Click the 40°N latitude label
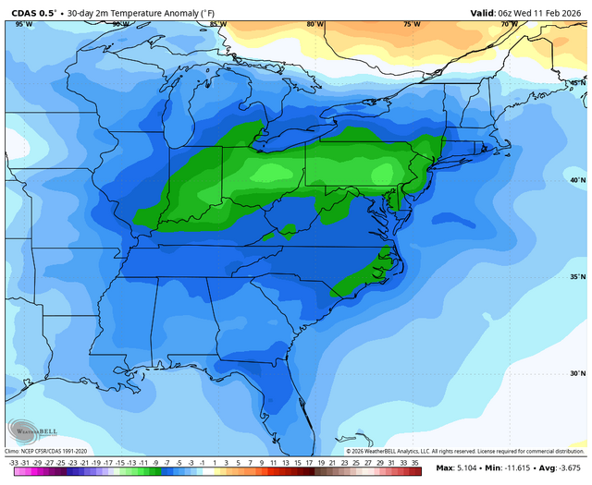576,180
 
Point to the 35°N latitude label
576,276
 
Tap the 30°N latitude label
576,373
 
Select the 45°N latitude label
576,83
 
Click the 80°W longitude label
315,24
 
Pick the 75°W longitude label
412,24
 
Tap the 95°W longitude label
24,24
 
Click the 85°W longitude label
217,24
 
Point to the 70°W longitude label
508,24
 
